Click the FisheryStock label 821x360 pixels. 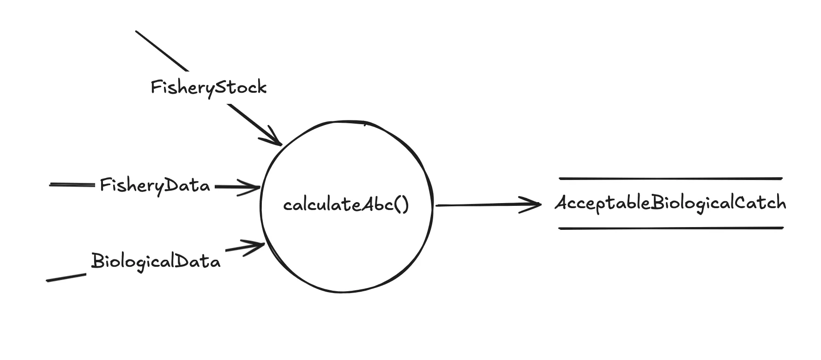pos(209,87)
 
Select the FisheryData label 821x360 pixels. pos(155,186)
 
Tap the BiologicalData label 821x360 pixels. pos(156,261)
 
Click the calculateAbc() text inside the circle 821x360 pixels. pos(346,204)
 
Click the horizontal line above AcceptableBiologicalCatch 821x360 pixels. pos(670,179)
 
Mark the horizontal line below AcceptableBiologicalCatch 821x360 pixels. pos(670,228)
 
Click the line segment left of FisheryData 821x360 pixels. pos(72,185)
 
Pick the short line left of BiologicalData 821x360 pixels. pos(66,277)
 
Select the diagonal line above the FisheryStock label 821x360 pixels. pos(162,51)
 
